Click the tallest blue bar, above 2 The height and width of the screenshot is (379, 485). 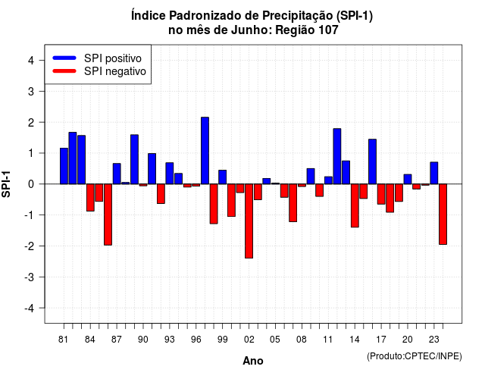(x=205, y=151)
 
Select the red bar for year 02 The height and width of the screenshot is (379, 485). (x=249, y=221)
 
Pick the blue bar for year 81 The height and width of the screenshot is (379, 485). (x=64, y=166)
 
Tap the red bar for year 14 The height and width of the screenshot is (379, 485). (x=355, y=205)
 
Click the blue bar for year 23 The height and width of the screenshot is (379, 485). (x=434, y=173)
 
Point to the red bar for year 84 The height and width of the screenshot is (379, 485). (x=90, y=197)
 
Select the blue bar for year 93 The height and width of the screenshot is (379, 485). (x=170, y=174)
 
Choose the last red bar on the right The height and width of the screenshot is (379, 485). (x=443, y=214)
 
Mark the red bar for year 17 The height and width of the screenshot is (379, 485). (x=381, y=194)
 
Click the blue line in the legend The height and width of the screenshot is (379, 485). (x=64, y=58)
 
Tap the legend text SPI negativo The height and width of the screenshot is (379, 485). (x=115, y=71)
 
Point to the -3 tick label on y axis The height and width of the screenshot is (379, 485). (x=30, y=277)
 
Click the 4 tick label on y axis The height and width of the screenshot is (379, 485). (x=31, y=61)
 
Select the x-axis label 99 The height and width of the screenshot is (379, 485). (x=222, y=340)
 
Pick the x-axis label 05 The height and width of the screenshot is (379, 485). (x=275, y=340)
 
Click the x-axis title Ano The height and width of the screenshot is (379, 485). (x=253, y=361)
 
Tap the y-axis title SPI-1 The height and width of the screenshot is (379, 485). (x=6, y=184)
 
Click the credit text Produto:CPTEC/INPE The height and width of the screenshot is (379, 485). (x=415, y=356)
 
